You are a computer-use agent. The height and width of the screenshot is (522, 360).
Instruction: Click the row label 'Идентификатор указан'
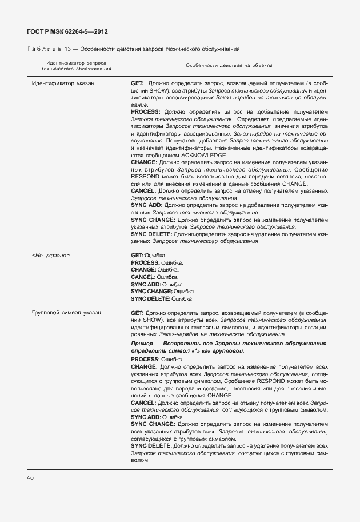63,83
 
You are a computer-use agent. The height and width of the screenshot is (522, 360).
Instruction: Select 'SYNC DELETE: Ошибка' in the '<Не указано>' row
161,298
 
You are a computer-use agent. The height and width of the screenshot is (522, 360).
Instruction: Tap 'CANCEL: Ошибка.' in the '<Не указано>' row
155,277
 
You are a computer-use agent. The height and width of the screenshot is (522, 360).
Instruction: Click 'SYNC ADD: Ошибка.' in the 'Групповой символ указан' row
158,417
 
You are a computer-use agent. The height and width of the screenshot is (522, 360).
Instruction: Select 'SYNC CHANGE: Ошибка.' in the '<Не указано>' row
163,291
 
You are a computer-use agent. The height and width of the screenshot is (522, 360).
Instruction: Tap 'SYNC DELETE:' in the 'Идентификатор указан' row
151,234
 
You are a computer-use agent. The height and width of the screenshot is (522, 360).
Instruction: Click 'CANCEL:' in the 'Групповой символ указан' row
143,403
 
